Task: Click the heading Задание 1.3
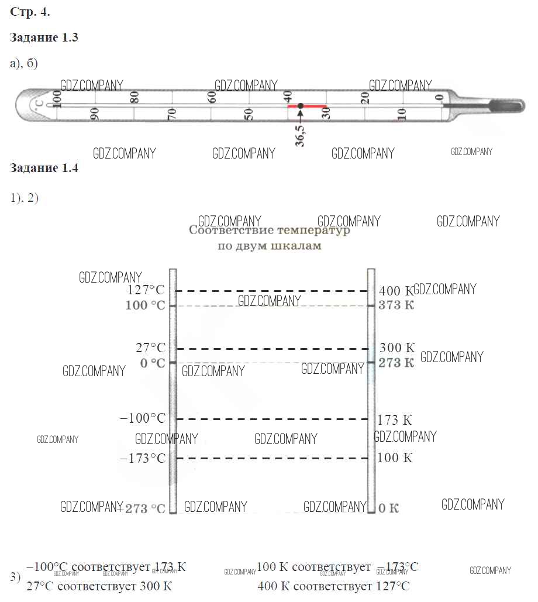[x=44, y=38]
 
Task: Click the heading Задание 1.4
[x=44, y=168]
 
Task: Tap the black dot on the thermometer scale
[x=300, y=106]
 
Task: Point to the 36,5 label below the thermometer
[x=299, y=135]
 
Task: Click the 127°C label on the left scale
[x=146, y=291]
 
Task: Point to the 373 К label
[x=396, y=305]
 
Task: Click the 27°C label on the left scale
[x=150, y=348]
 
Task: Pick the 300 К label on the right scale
[x=397, y=348]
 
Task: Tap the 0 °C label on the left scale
[x=153, y=363]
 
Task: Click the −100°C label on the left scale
[x=142, y=418]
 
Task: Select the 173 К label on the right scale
[x=395, y=420]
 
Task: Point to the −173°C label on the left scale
[x=142, y=458]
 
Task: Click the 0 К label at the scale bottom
[x=388, y=508]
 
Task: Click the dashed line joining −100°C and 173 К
[x=272, y=419]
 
